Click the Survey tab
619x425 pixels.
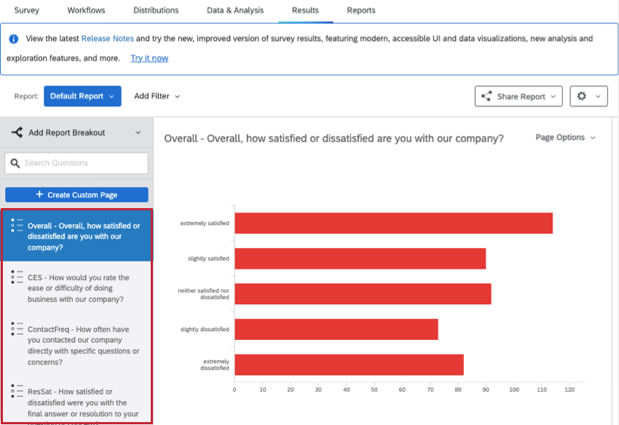(x=26, y=10)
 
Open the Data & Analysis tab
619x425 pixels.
(x=235, y=10)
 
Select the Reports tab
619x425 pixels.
(x=360, y=10)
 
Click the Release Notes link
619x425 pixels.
(x=107, y=39)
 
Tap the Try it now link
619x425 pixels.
(x=149, y=58)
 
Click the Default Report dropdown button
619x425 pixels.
(x=82, y=96)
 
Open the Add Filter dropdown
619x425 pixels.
(x=157, y=96)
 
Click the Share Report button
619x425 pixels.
(x=519, y=96)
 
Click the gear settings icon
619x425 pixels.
(x=582, y=96)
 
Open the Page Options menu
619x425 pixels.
(x=565, y=138)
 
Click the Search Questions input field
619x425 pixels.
(x=76, y=163)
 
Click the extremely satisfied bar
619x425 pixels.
(x=393, y=223)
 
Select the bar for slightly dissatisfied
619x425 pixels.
(x=336, y=329)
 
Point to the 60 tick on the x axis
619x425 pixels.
(x=402, y=389)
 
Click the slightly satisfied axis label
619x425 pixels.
(x=208, y=258)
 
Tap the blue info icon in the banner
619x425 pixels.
(x=13, y=39)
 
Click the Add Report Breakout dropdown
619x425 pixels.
(x=76, y=132)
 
